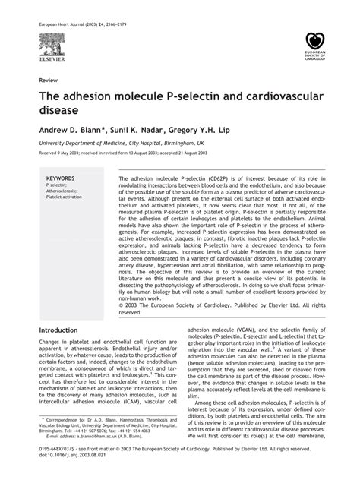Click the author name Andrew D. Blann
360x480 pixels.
point(70,130)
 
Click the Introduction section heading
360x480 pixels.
point(63,330)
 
